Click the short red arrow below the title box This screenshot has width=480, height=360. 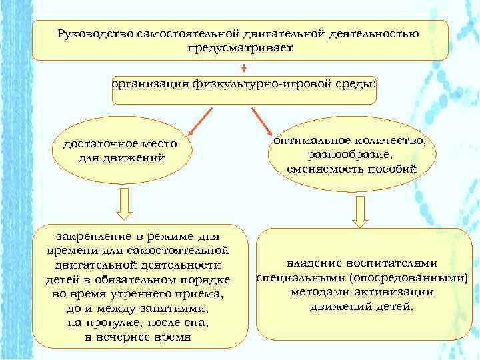[x=245, y=67]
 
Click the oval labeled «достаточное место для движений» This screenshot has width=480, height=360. [x=119, y=151]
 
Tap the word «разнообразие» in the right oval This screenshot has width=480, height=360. [x=351, y=155]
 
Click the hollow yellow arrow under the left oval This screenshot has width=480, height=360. [x=124, y=203]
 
